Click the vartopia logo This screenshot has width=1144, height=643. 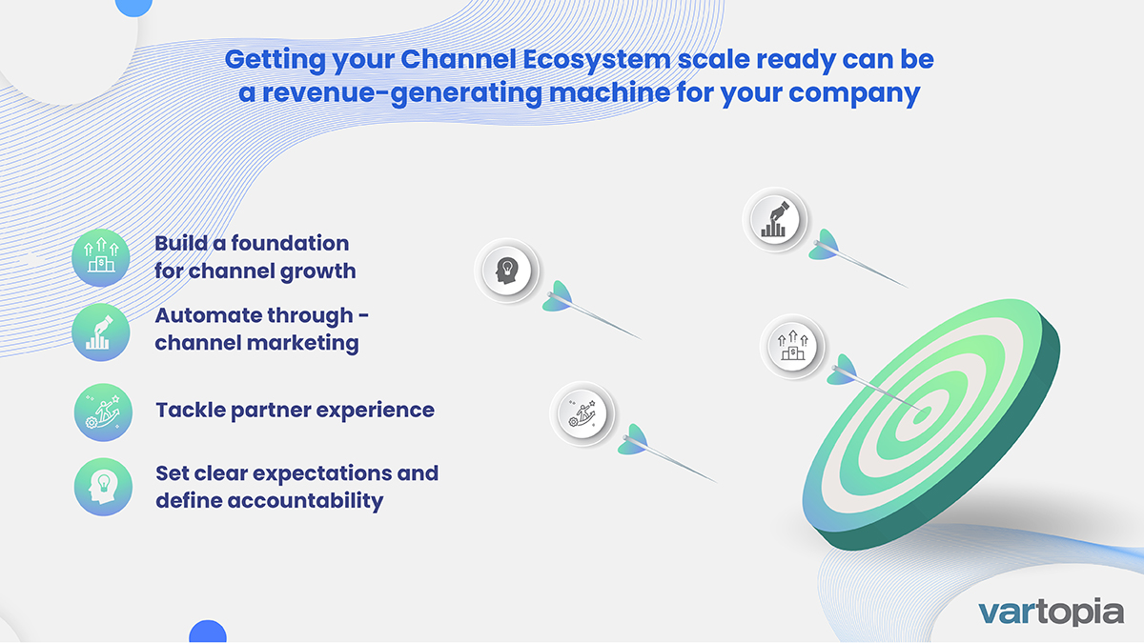coord(1052,611)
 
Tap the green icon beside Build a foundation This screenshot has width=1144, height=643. coord(101,258)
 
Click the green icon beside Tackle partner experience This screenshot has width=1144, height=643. coord(101,412)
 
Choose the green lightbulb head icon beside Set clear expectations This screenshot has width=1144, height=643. coord(101,487)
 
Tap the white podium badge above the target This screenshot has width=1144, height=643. coord(791,345)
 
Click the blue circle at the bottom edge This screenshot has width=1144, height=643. coord(207,633)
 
